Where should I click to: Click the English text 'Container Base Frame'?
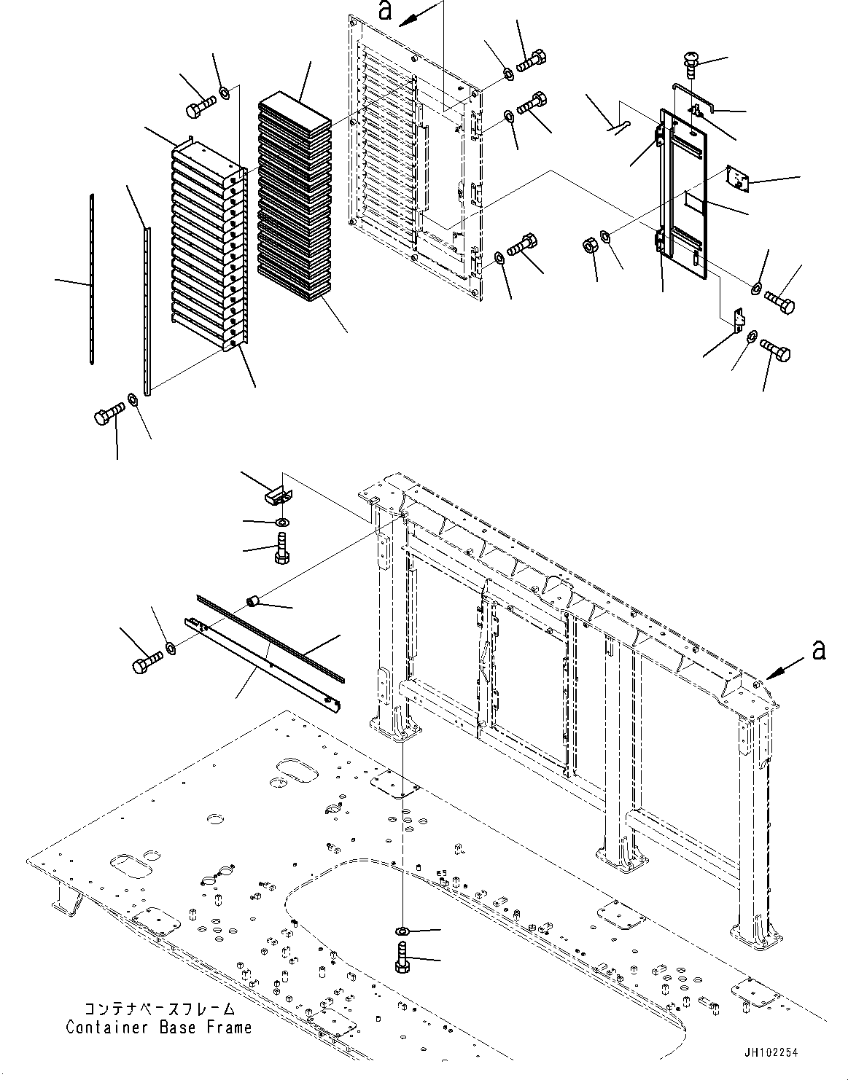click(x=159, y=1027)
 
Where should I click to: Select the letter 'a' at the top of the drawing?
click(x=385, y=11)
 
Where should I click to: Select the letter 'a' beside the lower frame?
click(x=819, y=649)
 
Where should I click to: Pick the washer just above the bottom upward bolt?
click(x=402, y=930)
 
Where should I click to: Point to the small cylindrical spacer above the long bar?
click(x=253, y=603)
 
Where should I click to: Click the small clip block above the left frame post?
click(x=277, y=496)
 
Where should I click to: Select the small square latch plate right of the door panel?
click(x=738, y=179)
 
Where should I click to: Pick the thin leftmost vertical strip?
click(x=92, y=279)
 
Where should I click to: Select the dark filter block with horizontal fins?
click(x=295, y=197)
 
